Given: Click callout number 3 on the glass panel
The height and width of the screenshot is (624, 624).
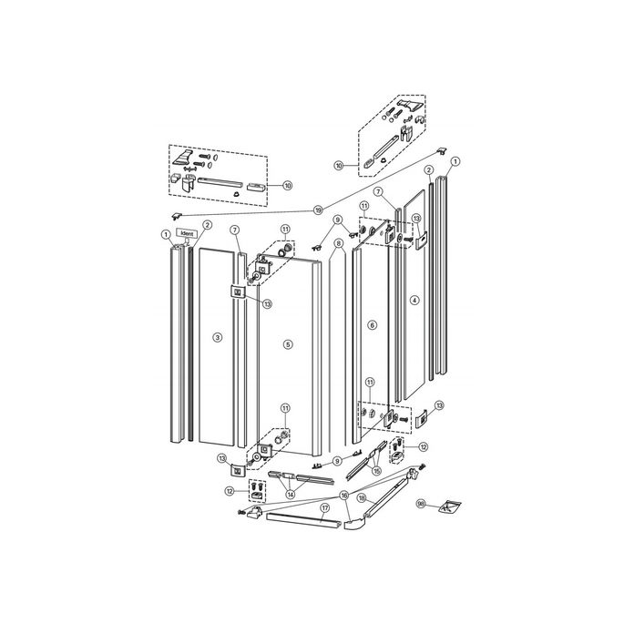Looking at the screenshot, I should click(x=217, y=338).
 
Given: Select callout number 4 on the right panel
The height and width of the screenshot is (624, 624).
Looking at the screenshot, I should click(x=414, y=300).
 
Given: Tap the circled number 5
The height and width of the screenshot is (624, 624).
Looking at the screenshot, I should click(x=287, y=344).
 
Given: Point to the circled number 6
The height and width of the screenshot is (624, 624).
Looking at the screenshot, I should click(x=372, y=325).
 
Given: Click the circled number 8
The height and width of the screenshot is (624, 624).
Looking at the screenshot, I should click(x=338, y=243).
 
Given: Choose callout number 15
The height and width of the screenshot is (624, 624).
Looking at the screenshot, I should click(x=376, y=472).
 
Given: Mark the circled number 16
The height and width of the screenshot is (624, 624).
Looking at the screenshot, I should click(x=343, y=495).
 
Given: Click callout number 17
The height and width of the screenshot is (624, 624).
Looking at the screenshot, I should click(x=324, y=506).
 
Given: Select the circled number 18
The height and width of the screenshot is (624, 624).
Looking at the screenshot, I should click(x=361, y=499).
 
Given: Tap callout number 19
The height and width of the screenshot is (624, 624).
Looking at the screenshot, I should click(x=318, y=210).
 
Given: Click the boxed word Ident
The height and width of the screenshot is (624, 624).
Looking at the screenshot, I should click(x=188, y=233).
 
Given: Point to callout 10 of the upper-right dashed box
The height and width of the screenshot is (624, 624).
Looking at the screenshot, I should click(x=339, y=166).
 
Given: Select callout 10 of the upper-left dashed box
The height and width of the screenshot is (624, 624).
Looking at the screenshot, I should click(x=287, y=185).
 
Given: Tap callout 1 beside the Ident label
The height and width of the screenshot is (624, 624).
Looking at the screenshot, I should click(x=167, y=234).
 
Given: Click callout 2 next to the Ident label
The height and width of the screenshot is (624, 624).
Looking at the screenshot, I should click(x=207, y=225).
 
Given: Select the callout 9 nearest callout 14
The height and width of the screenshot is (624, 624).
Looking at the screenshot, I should click(x=337, y=461).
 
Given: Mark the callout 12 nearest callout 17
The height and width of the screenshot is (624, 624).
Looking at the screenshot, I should click(x=230, y=490).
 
